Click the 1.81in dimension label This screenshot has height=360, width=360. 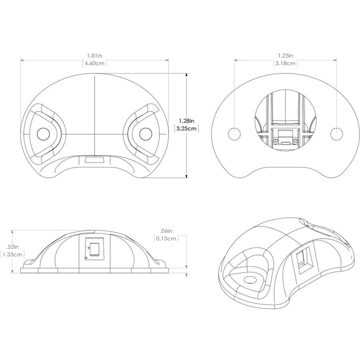point(94,55)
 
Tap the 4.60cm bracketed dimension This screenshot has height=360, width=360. point(94,63)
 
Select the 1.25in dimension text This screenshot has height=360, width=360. point(285,55)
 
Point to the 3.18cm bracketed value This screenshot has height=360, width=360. point(285,63)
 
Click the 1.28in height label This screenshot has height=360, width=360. point(186,121)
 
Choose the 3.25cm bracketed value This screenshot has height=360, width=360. point(186,128)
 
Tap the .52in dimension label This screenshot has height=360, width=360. point(12,247)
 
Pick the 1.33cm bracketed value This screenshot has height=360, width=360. point(12,254)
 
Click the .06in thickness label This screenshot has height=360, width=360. point(166,231)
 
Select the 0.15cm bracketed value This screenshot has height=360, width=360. point(166,238)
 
